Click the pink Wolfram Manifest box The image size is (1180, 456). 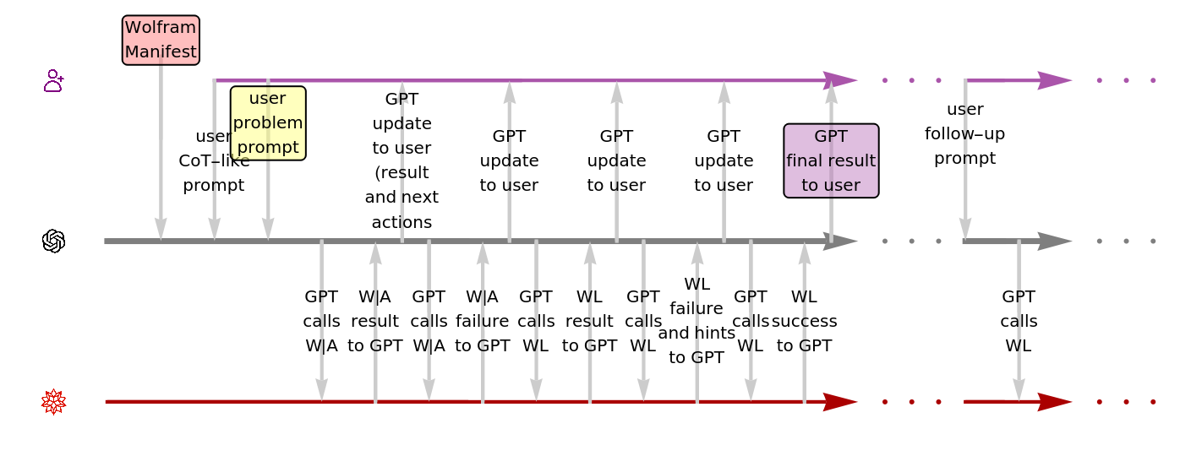pos(161,40)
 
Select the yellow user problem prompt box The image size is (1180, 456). pos(268,122)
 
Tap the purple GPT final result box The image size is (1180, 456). pos(831,160)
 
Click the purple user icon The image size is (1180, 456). pos(54,80)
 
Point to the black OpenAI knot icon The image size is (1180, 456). pos(54,242)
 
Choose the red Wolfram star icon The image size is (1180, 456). pos(54,402)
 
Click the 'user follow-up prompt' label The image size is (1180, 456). pos(965,133)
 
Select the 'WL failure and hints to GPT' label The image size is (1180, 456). pos(697,321)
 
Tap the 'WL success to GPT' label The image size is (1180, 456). pos(805,321)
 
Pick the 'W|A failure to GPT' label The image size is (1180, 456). pos(483,321)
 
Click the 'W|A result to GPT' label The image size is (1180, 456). pos(375,321)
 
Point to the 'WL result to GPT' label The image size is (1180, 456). pos(589,321)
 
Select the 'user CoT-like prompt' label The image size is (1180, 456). pos(214,160)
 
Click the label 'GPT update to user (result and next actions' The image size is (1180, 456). pos(402,160)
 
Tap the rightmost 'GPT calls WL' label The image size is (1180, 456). pos(1019,321)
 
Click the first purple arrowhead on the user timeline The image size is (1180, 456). pos(840,80)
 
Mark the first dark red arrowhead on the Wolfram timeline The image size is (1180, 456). pos(840,402)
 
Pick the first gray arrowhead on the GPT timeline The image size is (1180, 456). pos(840,242)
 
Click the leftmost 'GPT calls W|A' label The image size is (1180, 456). pos(321,321)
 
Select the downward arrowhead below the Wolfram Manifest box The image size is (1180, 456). pos(161,229)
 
